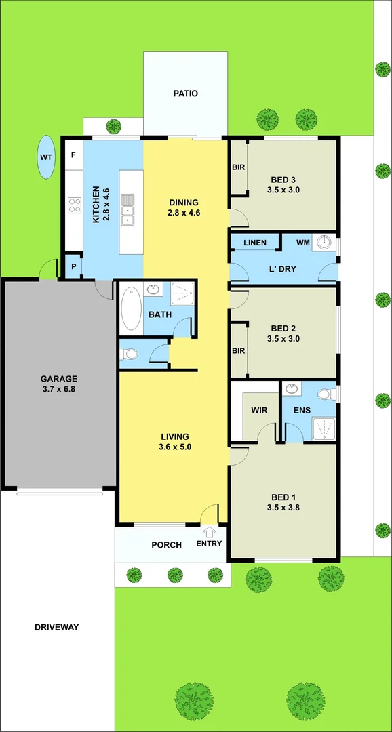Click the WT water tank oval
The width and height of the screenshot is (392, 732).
click(46, 157)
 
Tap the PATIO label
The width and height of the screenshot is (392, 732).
click(185, 94)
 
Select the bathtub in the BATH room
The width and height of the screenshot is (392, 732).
click(131, 309)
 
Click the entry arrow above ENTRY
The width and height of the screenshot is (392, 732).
click(209, 532)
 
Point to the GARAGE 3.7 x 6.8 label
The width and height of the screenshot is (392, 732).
click(58, 384)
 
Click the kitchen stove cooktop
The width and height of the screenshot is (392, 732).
click(74, 205)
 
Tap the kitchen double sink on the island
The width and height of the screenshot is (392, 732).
click(128, 209)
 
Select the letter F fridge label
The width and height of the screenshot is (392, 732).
click(73, 155)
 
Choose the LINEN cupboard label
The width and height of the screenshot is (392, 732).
click(254, 243)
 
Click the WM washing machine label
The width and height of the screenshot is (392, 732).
click(302, 242)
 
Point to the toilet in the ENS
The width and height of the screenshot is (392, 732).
click(326, 394)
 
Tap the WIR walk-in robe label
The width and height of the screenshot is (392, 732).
click(260, 410)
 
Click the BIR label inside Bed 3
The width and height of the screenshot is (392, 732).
click(238, 167)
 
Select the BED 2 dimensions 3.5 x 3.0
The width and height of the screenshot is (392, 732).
click(283, 339)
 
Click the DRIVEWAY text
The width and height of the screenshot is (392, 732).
click(56, 628)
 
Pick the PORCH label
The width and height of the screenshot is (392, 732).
click(166, 545)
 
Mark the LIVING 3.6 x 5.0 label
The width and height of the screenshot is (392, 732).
click(174, 441)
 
